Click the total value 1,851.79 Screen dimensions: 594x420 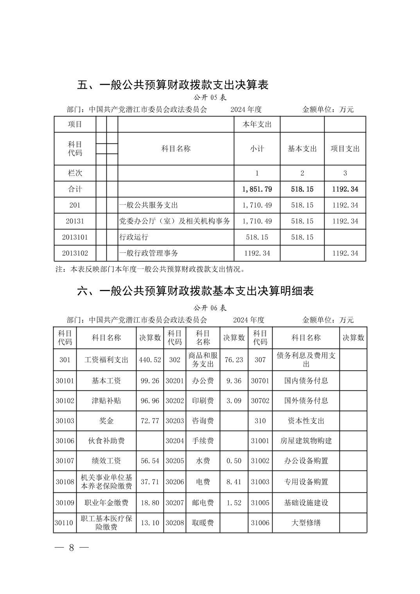257,189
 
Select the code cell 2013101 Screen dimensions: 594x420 75,237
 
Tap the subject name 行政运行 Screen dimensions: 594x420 134,237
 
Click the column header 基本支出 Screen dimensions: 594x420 302,149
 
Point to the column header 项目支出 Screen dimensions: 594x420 345,149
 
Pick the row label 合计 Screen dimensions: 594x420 75,189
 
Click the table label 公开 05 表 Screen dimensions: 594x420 210,97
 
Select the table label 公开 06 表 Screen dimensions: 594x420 210,308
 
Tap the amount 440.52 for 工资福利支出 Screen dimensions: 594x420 150,360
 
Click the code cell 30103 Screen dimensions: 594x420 65,421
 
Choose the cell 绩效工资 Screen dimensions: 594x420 106,461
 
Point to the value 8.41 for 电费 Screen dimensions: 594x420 234,482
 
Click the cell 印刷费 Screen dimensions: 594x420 203,401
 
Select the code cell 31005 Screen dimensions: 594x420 260,503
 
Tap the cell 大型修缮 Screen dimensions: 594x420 306,522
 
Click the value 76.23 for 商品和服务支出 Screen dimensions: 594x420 234,360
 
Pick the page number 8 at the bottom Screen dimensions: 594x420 72,547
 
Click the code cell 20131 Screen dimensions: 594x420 75,221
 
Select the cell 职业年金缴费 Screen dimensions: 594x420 106,503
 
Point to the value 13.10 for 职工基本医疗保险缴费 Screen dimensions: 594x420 150,522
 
